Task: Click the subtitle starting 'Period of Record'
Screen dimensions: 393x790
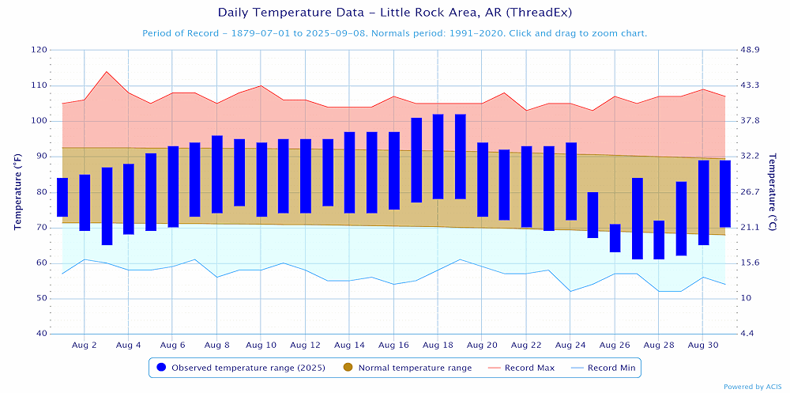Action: [394, 33]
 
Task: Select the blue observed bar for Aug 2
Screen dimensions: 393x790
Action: [85, 202]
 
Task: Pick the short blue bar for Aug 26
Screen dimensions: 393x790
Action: [615, 238]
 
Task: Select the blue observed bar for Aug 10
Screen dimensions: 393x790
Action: [261, 179]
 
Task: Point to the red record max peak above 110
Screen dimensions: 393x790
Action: [107, 72]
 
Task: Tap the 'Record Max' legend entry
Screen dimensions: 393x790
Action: [525, 368]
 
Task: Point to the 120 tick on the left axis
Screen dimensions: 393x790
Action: [38, 50]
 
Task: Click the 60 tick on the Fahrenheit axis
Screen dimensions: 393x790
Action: [40, 263]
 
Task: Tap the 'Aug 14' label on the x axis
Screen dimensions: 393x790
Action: [349, 346]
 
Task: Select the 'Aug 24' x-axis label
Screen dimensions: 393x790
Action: [570, 346]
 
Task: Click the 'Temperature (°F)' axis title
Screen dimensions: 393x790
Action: [17, 191]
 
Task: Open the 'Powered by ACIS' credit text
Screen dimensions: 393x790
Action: [753, 387]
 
